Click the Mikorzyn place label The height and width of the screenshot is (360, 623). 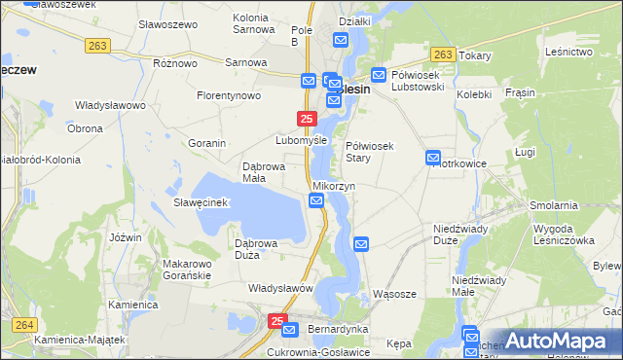coord(334,185)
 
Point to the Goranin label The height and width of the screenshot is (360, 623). coord(207,143)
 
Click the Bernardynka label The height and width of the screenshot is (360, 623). coord(338,329)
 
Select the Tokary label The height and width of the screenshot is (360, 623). coord(474,55)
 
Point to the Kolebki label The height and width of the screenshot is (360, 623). coord(474,94)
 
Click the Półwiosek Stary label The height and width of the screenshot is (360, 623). coord(370,151)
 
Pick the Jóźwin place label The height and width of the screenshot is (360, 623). coord(127,237)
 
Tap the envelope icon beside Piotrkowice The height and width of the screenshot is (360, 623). coord(433,158)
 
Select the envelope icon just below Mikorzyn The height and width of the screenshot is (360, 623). coord(316,200)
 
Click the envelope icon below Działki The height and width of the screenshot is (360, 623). coord(341,40)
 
